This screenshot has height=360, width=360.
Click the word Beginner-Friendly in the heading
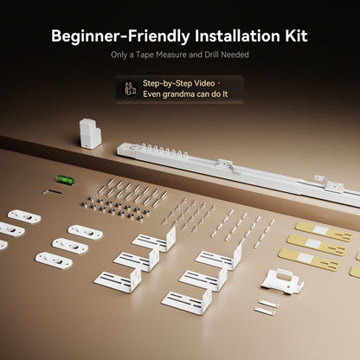coord(120,36)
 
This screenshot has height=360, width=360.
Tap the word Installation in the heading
coord(237,35)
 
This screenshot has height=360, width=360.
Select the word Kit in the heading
coord(296,35)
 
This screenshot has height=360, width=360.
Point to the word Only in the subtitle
coord(119,55)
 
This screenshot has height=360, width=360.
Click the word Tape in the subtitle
coord(145,55)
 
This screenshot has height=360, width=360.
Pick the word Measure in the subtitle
coord(171,55)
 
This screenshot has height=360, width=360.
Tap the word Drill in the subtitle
coord(212,55)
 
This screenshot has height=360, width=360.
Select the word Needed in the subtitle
coord(235,55)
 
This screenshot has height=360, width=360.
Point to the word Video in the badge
coord(204,83)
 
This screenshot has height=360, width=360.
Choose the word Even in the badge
coord(151,94)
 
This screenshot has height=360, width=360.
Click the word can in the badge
coord(203,94)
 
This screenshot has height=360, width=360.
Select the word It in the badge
coord(225,94)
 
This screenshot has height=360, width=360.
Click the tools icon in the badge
coord(131,89)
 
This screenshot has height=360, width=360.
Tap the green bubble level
coord(65,180)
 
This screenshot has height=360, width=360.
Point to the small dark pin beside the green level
coord(53,191)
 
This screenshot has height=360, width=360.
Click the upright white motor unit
coord(90,133)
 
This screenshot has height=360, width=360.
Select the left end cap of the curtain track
coord(125,150)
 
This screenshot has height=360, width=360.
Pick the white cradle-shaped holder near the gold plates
coord(282,281)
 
